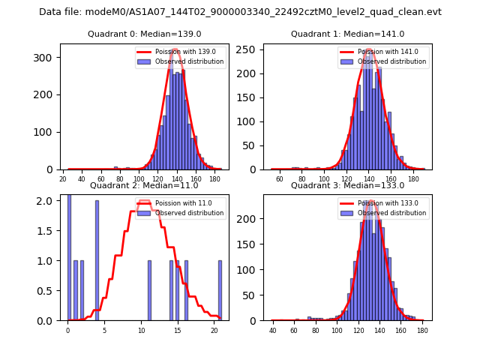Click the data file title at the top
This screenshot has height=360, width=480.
[x=240, y=12]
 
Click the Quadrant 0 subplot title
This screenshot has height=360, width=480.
[x=145, y=34]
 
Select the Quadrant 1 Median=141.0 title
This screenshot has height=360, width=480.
[x=347, y=34]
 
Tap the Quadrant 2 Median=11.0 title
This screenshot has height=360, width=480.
[x=145, y=185]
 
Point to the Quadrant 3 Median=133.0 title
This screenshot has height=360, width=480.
[x=347, y=185]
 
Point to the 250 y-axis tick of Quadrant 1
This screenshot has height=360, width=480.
[x=249, y=49]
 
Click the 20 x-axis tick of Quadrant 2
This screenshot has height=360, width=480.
[x=214, y=331]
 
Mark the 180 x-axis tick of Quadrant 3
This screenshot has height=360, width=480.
[x=422, y=331]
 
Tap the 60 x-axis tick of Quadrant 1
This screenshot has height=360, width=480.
[x=279, y=179]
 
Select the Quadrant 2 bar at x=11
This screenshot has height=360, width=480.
[x=149, y=290]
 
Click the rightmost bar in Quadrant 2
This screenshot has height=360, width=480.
[x=220, y=290]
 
